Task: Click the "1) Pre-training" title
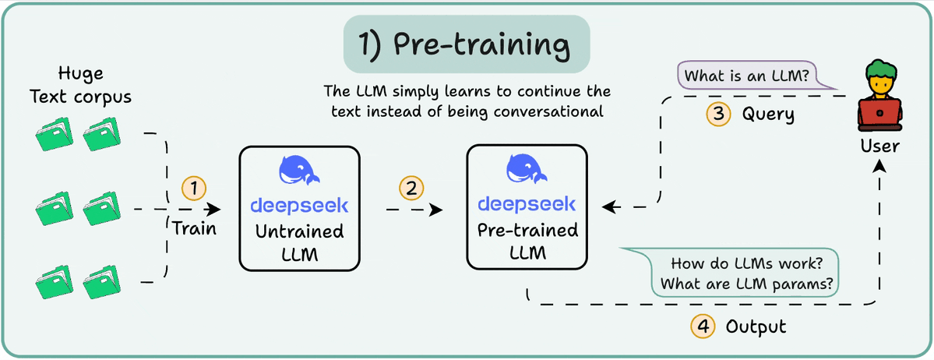(467, 44)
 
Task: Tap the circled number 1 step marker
(193, 188)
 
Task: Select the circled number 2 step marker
(411, 188)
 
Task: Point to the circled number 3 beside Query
(717, 115)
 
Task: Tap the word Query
(767, 115)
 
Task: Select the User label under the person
(880, 146)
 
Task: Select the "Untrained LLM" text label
(299, 242)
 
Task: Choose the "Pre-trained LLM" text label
(527, 241)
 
